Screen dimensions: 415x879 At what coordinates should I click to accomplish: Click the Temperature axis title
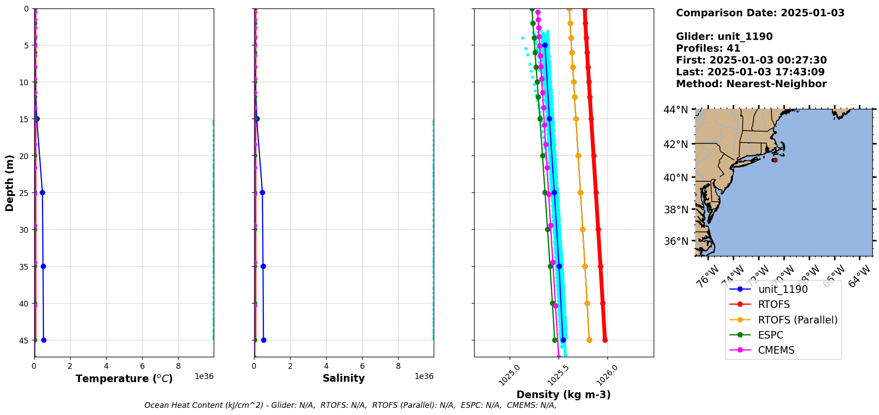point(124,379)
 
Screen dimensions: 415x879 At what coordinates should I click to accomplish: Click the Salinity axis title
point(344,378)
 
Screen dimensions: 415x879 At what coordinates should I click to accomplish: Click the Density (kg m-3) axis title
point(563,395)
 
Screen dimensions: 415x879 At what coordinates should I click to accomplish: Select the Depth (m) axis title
point(10,183)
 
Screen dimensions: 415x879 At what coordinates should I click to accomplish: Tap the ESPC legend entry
point(771,335)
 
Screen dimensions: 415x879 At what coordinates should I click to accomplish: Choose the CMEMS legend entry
point(776,350)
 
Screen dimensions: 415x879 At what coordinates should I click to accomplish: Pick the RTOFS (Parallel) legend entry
point(797,320)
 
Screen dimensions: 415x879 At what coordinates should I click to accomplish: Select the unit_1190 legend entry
point(783,289)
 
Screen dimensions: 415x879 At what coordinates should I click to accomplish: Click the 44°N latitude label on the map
point(675,109)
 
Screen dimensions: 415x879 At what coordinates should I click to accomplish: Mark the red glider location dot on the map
point(775,160)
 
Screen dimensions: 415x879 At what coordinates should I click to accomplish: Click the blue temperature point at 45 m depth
point(44,340)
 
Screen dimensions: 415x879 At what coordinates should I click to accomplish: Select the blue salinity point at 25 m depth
point(262,192)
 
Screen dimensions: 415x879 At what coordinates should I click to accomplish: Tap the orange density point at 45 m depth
point(589,340)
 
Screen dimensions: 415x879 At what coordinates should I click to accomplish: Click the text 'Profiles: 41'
point(708,48)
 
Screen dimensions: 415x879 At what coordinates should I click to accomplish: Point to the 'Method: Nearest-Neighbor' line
point(751,84)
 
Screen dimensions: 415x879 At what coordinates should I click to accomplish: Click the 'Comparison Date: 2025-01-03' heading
point(760,13)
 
